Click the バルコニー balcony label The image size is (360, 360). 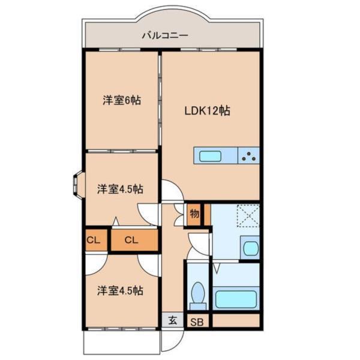click(x=165, y=35)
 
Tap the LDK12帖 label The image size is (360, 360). click(x=208, y=110)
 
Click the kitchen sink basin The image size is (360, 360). click(x=210, y=157)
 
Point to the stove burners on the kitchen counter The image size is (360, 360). click(x=249, y=157)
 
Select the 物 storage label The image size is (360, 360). click(x=194, y=214)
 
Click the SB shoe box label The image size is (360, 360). click(x=197, y=322)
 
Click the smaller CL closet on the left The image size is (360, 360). click(x=94, y=241)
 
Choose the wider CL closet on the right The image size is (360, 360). click(x=133, y=241)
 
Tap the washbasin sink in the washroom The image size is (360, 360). click(x=249, y=248)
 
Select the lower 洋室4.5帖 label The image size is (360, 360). click(x=120, y=291)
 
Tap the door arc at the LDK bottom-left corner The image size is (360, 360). click(x=170, y=193)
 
